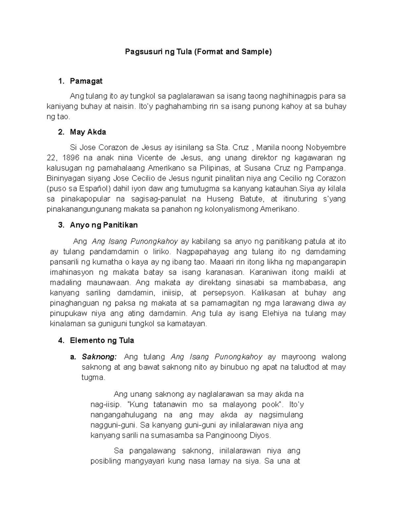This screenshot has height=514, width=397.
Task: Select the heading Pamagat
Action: [x=86, y=81]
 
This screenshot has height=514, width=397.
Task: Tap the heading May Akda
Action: [x=88, y=132]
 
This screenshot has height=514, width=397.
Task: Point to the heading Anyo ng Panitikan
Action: [x=104, y=225]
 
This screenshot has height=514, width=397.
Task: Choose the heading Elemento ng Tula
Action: [x=102, y=340]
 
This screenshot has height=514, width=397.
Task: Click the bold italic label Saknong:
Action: [x=99, y=357]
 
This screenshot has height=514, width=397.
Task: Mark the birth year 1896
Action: [x=71, y=158]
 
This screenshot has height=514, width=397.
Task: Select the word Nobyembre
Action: [x=326, y=147]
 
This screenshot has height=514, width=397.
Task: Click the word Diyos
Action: [x=261, y=435]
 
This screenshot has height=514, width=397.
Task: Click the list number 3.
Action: [x=61, y=225]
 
